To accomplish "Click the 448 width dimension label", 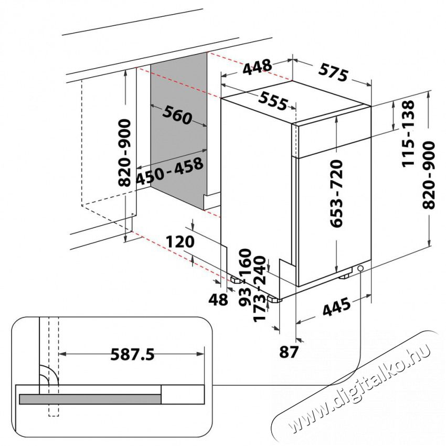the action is [258, 67].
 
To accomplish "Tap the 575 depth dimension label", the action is [333, 72].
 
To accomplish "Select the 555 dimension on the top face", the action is [273, 101].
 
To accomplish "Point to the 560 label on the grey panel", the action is [177, 114].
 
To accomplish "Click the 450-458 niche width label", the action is [169, 171].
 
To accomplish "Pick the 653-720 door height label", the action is [337, 194].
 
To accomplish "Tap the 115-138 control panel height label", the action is [408, 133].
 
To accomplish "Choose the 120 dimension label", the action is [180, 242].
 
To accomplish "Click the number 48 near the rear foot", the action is [218, 299].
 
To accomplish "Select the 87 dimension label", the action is [289, 352].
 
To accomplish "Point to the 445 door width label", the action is [336, 306].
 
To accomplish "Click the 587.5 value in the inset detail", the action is [132, 354].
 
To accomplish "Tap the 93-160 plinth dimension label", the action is [245, 278].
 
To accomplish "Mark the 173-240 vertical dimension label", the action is [259, 289].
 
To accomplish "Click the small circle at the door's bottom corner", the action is [360, 268].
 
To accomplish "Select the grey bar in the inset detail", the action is [90, 399].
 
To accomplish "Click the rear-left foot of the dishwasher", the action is [237, 280].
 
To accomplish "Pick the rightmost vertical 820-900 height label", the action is [429, 175].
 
